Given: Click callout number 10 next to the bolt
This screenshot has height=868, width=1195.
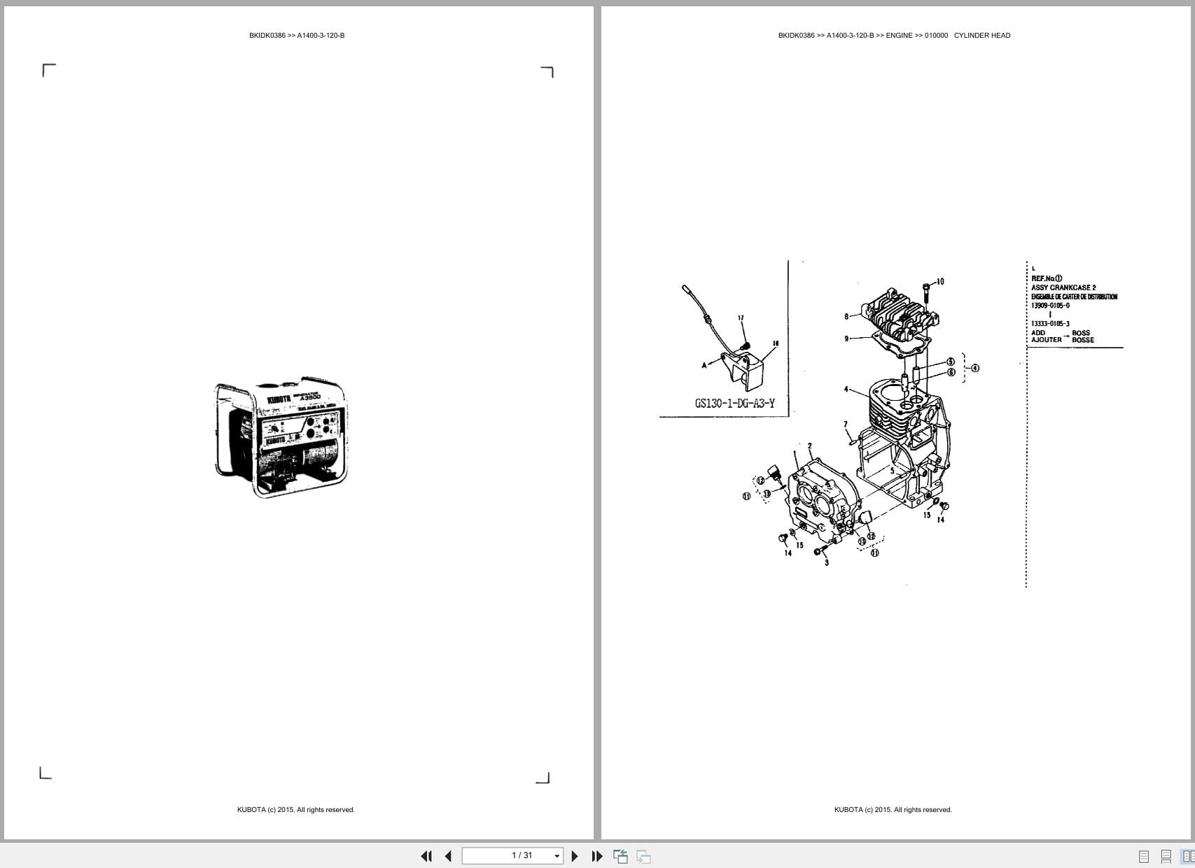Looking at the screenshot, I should click(x=939, y=282).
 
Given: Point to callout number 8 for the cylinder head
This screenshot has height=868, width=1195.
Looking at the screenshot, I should click(x=846, y=317).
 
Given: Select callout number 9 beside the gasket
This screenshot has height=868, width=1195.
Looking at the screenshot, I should click(x=846, y=339).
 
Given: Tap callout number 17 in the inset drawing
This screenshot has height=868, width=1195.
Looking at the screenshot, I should click(x=741, y=318).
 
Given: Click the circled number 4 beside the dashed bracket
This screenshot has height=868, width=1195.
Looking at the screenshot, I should click(x=975, y=368).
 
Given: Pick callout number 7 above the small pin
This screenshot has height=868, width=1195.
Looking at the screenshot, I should click(x=846, y=425).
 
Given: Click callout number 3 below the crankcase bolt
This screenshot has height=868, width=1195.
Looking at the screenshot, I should click(x=827, y=562).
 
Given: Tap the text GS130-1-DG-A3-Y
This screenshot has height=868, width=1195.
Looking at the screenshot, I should click(x=734, y=403).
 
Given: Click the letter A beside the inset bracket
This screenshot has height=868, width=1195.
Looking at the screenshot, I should click(x=704, y=365).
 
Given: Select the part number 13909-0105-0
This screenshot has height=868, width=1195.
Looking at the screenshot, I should click(x=1050, y=306).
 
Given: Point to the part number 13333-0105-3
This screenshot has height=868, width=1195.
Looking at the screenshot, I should click(x=1050, y=324).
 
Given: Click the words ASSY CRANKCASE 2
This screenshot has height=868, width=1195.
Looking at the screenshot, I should click(x=1063, y=287).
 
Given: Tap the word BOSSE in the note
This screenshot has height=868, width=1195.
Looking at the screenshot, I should click(x=1082, y=340).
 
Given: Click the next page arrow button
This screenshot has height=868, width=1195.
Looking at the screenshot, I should click(x=575, y=856).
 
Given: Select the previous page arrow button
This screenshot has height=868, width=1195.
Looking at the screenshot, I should click(x=448, y=856).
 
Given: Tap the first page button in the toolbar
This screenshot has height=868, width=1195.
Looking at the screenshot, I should click(x=426, y=856).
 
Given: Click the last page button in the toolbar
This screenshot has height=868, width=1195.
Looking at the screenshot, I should click(x=597, y=856).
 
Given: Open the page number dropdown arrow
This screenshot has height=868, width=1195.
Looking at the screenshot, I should click(x=557, y=856).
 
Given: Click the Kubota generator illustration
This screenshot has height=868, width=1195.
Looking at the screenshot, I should click(x=281, y=439).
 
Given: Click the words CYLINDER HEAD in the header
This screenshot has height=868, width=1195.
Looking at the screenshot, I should click(x=981, y=36).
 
